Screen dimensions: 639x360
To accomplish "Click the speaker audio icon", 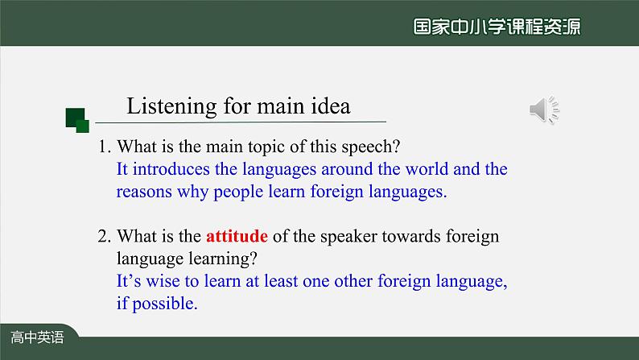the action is coord(545,110).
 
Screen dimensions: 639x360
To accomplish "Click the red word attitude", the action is coord(237,236).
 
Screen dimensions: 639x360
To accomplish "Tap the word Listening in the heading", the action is coord(171,107).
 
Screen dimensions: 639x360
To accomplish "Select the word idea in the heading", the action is coord(331,106).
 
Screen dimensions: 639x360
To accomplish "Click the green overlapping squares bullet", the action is coord(77,120).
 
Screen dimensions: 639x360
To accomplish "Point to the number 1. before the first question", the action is coord(105,147).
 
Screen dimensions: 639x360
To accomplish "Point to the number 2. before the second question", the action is coord(105,237).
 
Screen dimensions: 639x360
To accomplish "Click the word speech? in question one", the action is coord(371,147).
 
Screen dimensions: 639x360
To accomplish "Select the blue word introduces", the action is coord(171,169).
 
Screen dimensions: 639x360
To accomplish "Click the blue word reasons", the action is coord(144,192).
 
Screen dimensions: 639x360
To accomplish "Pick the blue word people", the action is coord(238,192).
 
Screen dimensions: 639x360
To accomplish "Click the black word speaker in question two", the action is coord(348,237).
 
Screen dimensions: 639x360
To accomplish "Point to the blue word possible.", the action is coord(165,304).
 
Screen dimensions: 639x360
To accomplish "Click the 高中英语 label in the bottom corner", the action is coord(37,337).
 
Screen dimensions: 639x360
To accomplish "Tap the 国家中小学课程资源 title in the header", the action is coord(497,27).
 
